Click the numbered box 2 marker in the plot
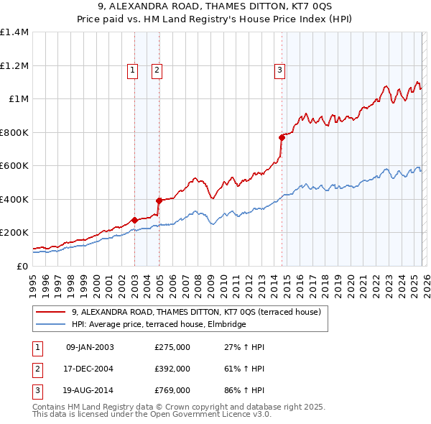[157, 70]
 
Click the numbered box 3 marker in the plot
[279, 70]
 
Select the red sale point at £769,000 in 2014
[282, 137]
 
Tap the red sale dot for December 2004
[159, 201]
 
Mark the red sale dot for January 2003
[134, 220]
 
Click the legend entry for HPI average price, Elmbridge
[159, 324]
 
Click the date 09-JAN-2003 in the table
[90, 347]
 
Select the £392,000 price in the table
[172, 369]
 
